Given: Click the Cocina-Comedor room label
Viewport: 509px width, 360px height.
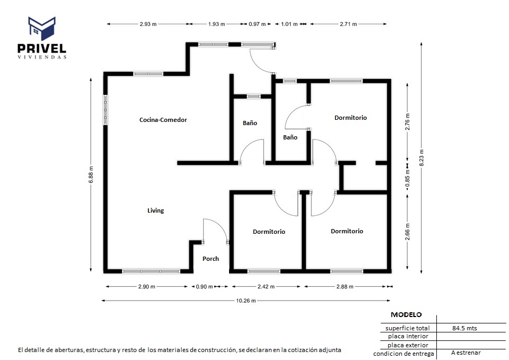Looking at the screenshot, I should click(x=163, y=120).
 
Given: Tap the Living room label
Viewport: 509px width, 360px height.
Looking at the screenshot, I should click(x=155, y=210).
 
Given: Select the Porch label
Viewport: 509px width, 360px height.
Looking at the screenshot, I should click(x=210, y=259).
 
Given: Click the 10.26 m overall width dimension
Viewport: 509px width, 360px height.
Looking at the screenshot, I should click(x=245, y=301).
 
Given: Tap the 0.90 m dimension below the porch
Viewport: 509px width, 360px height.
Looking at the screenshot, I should click(x=204, y=287).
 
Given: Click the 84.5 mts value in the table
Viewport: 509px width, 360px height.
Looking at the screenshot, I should click(x=464, y=328).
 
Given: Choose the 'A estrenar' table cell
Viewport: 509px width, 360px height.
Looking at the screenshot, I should click(x=466, y=353).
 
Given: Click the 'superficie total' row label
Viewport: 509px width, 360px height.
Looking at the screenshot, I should click(x=407, y=328).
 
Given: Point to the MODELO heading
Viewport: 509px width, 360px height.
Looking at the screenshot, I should click(x=406, y=314).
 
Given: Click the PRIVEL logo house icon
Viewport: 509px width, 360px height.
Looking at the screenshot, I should click(x=42, y=28).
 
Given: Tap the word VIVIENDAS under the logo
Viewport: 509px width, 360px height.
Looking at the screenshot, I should click(x=42, y=57).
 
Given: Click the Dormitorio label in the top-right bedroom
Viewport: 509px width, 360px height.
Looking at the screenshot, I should click(x=350, y=118).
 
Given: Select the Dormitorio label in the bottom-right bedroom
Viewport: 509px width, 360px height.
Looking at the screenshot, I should click(x=347, y=231).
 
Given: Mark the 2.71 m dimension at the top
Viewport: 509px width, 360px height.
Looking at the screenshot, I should click(x=348, y=24).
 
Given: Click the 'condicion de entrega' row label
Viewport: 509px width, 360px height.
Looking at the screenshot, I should click(x=403, y=354).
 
